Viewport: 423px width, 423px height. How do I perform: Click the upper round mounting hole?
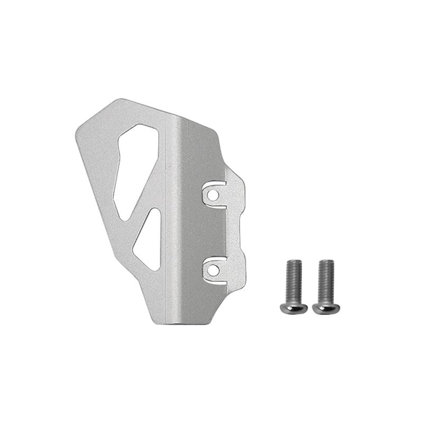pos(213,195)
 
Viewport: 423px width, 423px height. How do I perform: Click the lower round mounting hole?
pos(213,270)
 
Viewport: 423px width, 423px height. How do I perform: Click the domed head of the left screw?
pos(294,307)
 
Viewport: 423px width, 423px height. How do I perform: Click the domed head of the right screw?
pos(326,307)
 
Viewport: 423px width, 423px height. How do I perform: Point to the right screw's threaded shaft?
pos(326,280)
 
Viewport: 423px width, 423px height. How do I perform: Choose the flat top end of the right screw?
pos(326,261)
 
